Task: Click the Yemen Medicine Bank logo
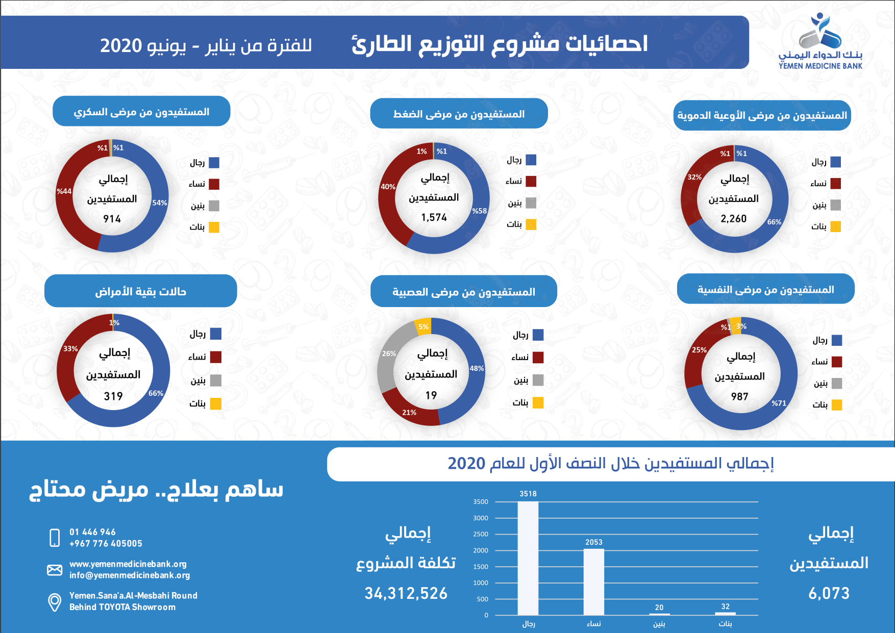point(821,41)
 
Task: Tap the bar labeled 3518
point(528,558)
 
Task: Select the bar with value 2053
point(594,582)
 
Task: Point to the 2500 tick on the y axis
point(481,534)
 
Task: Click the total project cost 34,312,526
point(406,593)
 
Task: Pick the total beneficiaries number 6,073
point(829,593)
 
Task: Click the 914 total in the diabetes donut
point(112,219)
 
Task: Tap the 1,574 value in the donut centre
point(434,217)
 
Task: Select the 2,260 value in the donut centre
point(734,218)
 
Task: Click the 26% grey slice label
point(389,353)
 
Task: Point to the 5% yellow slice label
point(424,327)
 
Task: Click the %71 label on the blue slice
point(779,403)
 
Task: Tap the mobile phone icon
point(55,538)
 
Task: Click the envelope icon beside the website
point(55,570)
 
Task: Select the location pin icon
point(55,602)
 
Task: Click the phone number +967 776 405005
point(106,544)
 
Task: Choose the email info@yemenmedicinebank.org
point(130,575)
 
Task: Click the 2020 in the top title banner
point(121,46)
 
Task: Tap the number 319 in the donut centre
point(113,396)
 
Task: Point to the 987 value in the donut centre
point(739,396)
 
